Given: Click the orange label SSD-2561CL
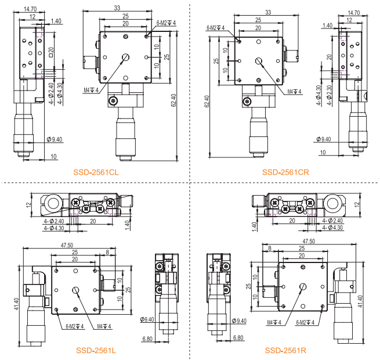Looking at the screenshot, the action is click(x=96, y=172).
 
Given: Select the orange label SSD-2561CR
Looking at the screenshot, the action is click(x=285, y=172).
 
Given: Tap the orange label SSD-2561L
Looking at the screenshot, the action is click(x=96, y=350).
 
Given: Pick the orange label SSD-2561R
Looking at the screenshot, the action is click(x=285, y=350).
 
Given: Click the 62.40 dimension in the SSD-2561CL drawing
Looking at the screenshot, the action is click(x=173, y=100).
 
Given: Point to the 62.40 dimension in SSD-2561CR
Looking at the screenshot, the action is click(x=207, y=102).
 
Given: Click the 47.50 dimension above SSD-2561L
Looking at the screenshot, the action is click(x=67, y=245).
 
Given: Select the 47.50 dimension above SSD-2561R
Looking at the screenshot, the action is click(x=309, y=241).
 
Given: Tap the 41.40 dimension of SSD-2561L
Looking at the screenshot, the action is click(x=16, y=304).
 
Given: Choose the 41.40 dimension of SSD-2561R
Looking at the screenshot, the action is click(x=360, y=301).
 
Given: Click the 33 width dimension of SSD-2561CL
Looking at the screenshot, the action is click(x=117, y=8).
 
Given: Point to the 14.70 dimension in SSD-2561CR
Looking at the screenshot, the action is click(x=354, y=12).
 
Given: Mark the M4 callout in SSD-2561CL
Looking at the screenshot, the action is click(x=91, y=90).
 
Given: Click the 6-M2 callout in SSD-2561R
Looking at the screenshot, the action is click(x=305, y=322).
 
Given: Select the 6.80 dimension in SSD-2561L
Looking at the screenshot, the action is click(x=147, y=339).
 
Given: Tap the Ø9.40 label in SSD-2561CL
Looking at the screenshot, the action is click(x=55, y=139).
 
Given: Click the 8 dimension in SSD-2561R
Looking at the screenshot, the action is click(x=270, y=248).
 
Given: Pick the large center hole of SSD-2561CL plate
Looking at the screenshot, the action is click(x=125, y=57).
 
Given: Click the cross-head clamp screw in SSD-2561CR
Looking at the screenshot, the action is click(x=247, y=102).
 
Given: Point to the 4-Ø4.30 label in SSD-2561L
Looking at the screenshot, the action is click(x=54, y=228).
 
